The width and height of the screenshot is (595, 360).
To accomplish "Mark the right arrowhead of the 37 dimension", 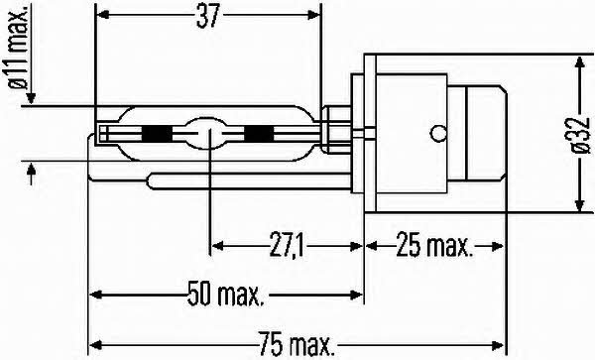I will [x=315, y=18].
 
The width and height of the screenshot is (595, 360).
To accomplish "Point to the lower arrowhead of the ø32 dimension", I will [x=578, y=204].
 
